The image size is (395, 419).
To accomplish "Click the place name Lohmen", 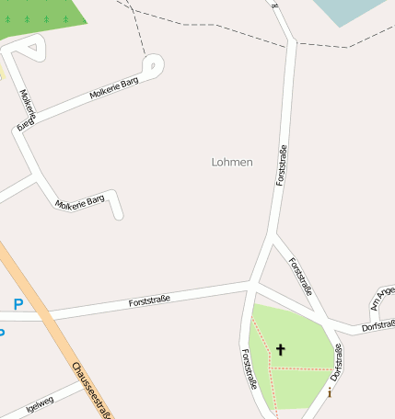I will [232, 162].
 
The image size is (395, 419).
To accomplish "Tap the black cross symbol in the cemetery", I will [281, 349].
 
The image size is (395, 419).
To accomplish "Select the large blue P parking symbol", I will [18, 304].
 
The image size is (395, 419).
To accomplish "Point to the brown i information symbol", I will [330, 393].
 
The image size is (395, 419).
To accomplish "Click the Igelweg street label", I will [41, 401].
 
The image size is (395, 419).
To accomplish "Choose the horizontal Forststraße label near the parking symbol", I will [149, 300].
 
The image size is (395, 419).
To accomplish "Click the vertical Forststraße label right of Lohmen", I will [282, 165].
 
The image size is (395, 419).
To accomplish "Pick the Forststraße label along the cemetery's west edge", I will [248, 369].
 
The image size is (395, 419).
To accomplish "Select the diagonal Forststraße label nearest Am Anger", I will [301, 277].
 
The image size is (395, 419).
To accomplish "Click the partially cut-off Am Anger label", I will [381, 297].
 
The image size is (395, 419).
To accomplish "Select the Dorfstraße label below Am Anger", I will [378, 325].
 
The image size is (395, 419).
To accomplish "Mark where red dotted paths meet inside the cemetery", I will [273, 368].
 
